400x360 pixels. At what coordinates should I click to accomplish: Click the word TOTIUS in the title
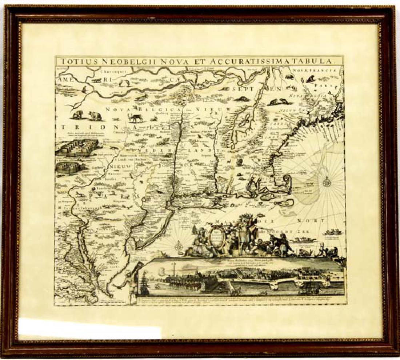[x=75, y=61]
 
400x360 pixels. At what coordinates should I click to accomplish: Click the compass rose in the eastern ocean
[x=327, y=181]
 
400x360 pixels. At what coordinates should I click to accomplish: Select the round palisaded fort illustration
[x=70, y=168]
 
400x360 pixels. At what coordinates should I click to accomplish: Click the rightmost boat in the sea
[x=331, y=232]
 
